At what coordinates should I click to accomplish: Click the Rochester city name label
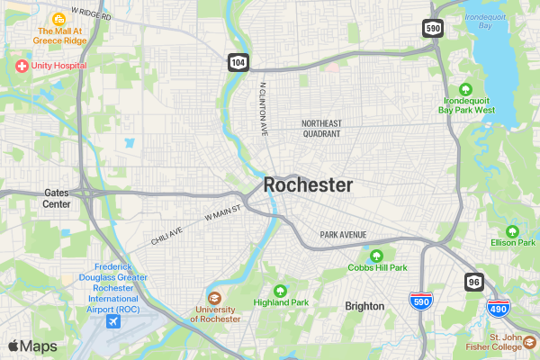tap(308, 184)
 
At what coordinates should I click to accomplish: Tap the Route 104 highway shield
tap(237, 62)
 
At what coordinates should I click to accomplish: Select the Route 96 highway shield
tap(473, 282)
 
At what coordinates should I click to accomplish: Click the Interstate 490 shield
tap(498, 309)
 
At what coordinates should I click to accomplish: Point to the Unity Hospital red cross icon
tap(21, 66)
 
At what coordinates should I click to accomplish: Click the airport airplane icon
tap(113, 321)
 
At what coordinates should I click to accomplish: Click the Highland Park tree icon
tap(280, 291)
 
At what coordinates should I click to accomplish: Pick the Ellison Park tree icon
tap(513, 230)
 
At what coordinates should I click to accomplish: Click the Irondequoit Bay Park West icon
tap(466, 88)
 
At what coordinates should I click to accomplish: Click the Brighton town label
tap(364, 306)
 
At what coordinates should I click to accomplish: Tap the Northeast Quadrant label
tap(321, 128)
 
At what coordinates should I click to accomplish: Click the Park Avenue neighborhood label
tap(343, 235)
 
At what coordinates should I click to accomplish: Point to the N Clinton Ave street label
tap(264, 109)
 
